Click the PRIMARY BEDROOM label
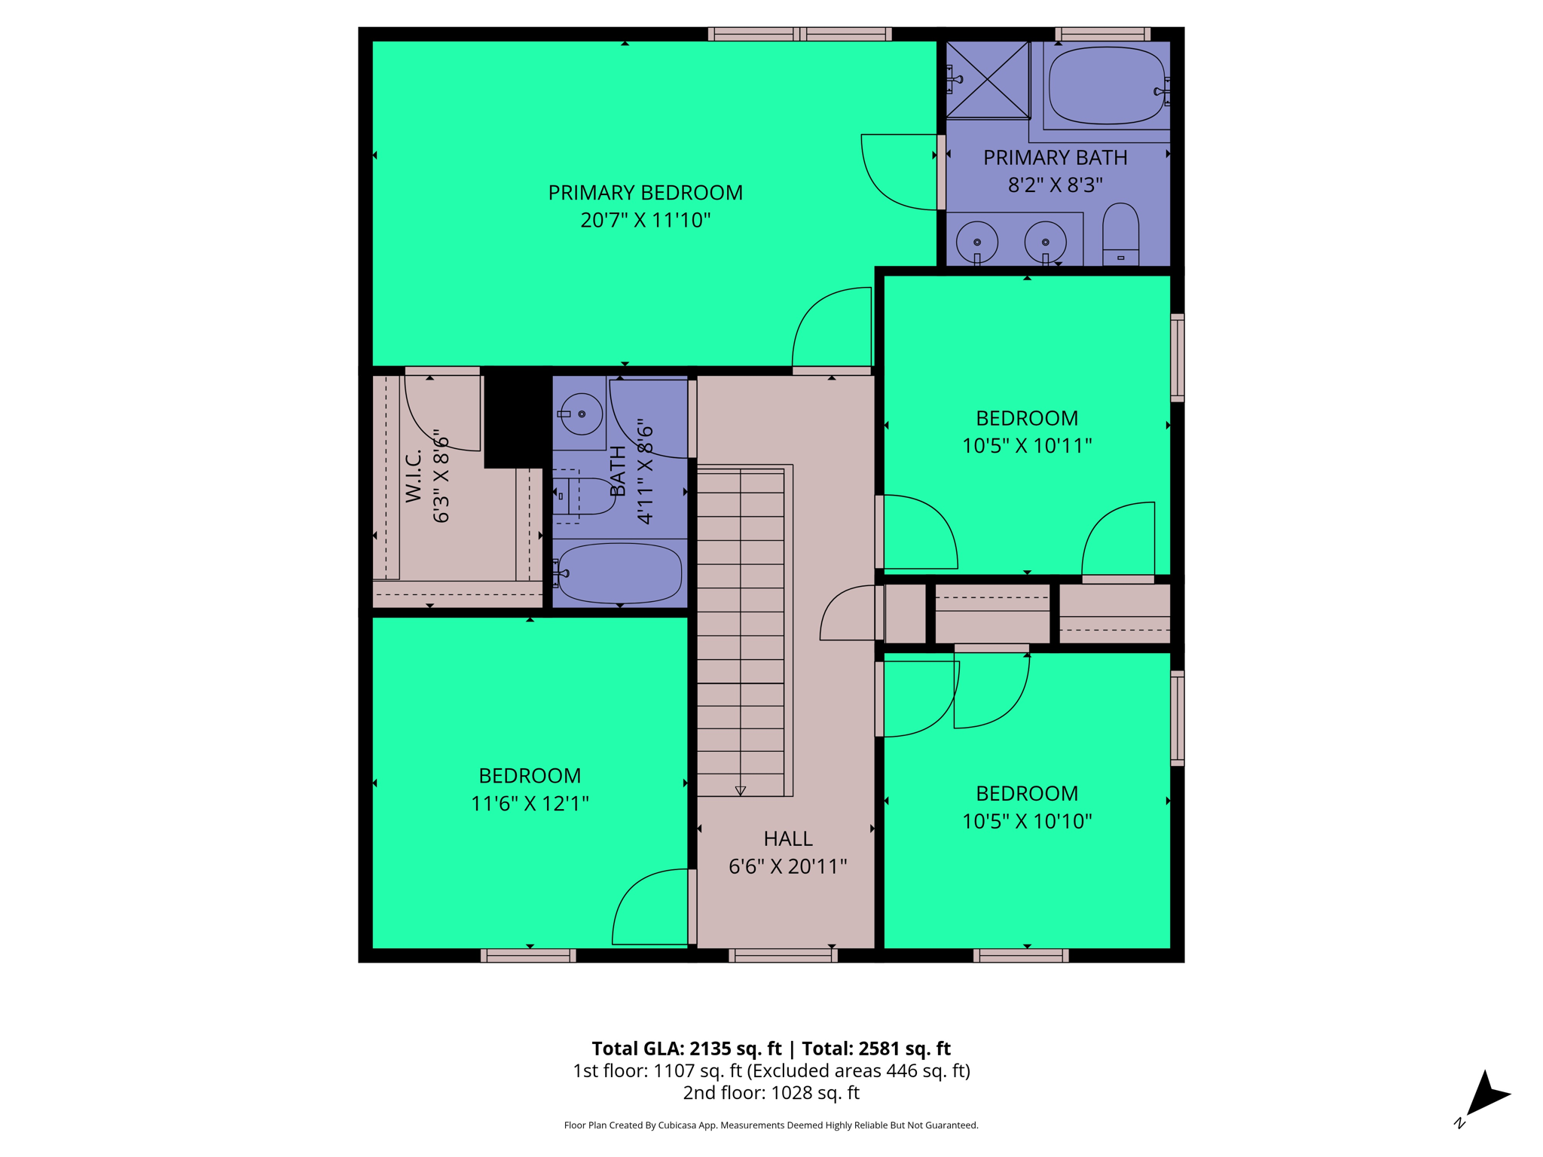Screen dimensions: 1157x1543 pyautogui.click(x=645, y=193)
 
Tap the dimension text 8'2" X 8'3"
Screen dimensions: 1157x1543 pyautogui.click(x=1055, y=185)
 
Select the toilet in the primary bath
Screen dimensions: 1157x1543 pyautogui.click(x=1120, y=234)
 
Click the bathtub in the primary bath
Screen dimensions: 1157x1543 pyautogui.click(x=1106, y=85)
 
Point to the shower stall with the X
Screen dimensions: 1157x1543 pyautogui.click(x=987, y=80)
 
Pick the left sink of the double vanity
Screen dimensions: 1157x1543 pyautogui.click(x=976, y=242)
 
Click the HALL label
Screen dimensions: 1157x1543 pyautogui.click(x=787, y=838)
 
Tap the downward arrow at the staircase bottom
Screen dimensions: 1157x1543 pyautogui.click(x=740, y=790)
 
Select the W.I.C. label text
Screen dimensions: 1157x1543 pyautogui.click(x=414, y=476)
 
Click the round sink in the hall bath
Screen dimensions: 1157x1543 pyautogui.click(x=581, y=414)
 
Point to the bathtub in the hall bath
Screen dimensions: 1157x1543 pyautogui.click(x=619, y=572)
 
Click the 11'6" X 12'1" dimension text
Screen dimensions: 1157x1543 pyautogui.click(x=530, y=804)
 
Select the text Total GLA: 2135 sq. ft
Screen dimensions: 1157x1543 pyautogui.click(x=686, y=1049)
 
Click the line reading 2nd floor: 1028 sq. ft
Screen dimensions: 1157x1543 pyautogui.click(x=771, y=1092)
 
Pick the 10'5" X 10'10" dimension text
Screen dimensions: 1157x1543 pyautogui.click(x=1026, y=821)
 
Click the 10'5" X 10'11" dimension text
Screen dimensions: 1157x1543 pyautogui.click(x=1026, y=446)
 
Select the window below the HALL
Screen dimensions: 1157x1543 pyautogui.click(x=783, y=956)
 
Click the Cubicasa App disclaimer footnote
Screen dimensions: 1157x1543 pyautogui.click(x=771, y=1125)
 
